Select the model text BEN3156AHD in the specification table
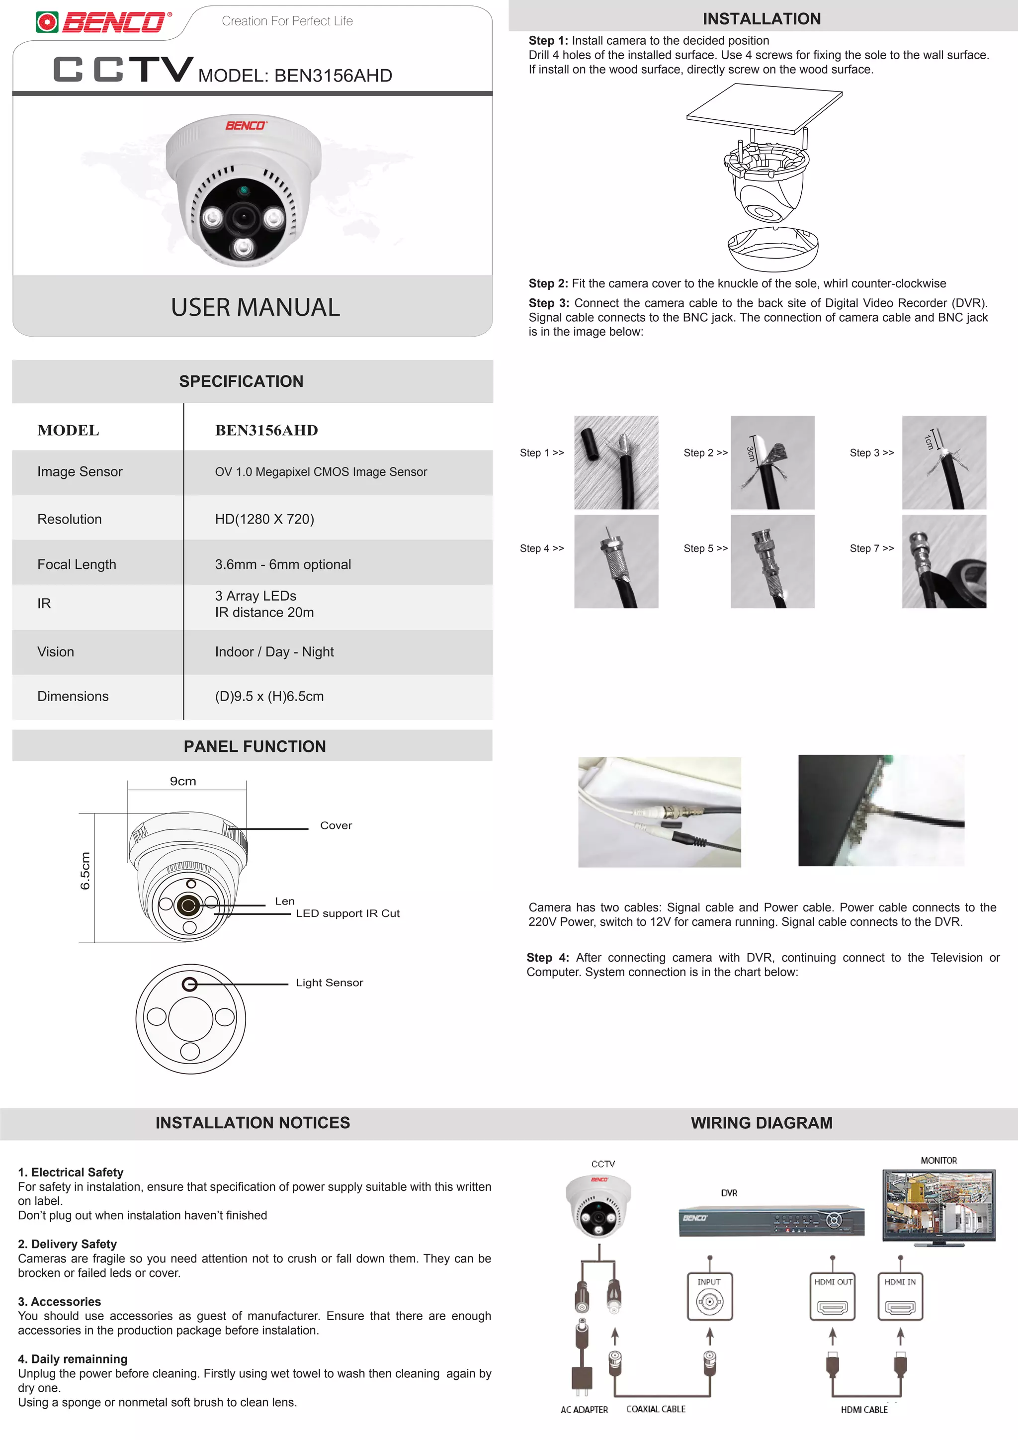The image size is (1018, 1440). (x=266, y=430)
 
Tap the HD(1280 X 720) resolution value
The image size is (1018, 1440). (x=264, y=519)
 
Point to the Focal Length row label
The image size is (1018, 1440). (x=77, y=564)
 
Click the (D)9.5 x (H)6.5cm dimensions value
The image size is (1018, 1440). (x=269, y=696)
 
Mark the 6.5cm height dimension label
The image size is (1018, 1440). (x=86, y=871)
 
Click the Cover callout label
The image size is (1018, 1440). (x=336, y=825)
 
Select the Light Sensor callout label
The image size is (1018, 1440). (x=329, y=983)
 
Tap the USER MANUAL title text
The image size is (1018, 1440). (x=255, y=307)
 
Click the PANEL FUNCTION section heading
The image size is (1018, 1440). (x=254, y=746)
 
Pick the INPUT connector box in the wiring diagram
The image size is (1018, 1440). (x=710, y=1297)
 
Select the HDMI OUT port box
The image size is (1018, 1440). (x=833, y=1297)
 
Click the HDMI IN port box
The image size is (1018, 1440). (x=900, y=1297)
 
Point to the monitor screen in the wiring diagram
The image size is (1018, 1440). (x=938, y=1204)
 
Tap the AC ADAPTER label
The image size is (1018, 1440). (x=584, y=1410)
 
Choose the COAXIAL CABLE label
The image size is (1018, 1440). (x=656, y=1409)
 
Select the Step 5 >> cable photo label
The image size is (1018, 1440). (x=705, y=548)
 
